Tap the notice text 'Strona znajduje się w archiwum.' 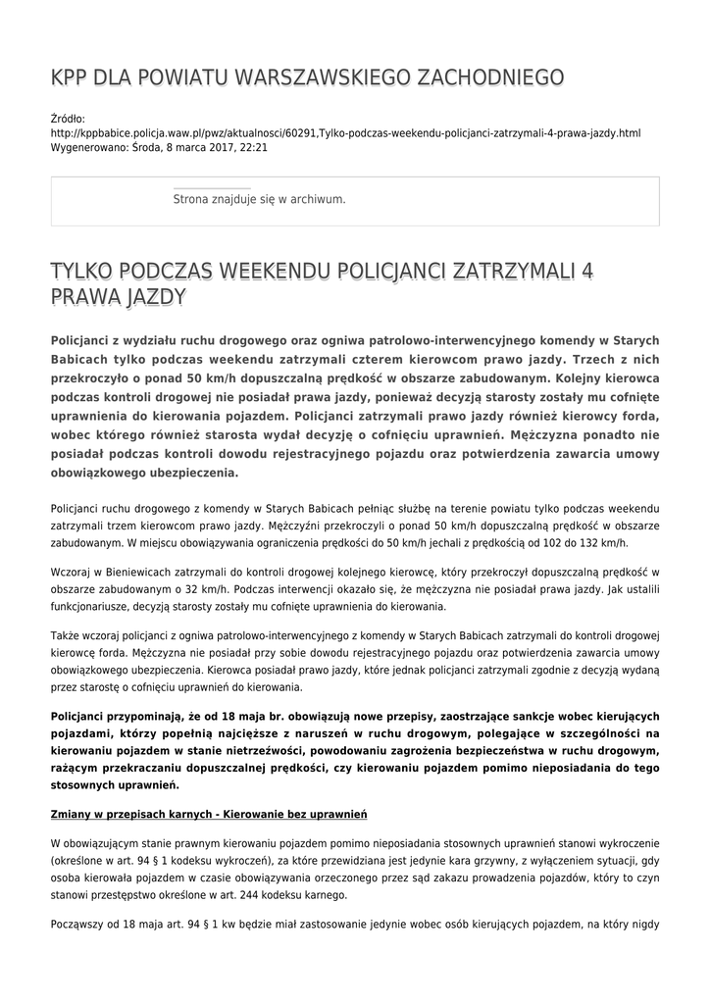[259, 199]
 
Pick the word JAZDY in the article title [153, 296]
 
